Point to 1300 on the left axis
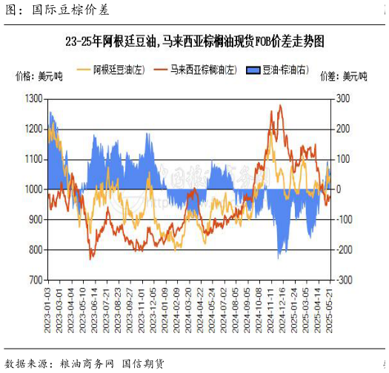tap(33, 98)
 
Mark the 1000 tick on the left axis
tap(33, 189)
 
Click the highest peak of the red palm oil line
tap(279, 105)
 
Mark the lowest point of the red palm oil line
tap(91, 258)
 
